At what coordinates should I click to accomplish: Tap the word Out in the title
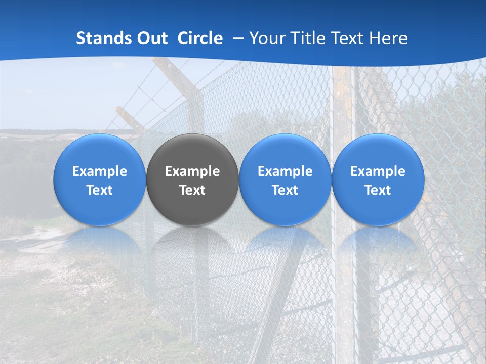(151, 38)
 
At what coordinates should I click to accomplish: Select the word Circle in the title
(200, 38)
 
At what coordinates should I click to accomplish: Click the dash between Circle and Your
(236, 38)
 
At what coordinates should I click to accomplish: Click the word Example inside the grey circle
(192, 171)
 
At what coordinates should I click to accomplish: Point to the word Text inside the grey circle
(192, 190)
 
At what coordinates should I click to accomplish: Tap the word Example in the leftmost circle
(100, 171)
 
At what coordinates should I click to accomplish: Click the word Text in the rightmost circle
(378, 190)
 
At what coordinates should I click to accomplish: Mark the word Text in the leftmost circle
(100, 190)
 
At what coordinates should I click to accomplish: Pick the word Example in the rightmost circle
(378, 171)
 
